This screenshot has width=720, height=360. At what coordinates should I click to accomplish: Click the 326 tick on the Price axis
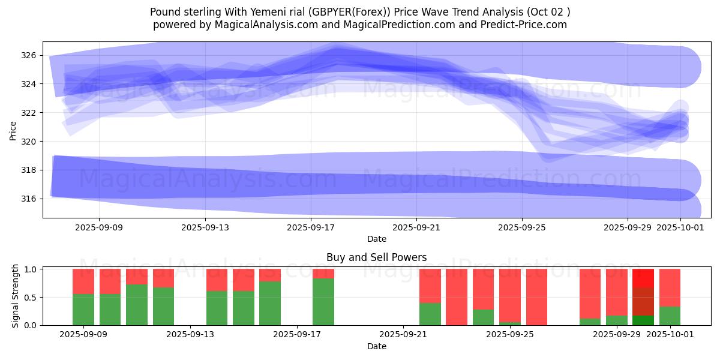coord(30,55)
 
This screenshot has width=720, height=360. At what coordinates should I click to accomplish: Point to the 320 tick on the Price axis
coord(30,142)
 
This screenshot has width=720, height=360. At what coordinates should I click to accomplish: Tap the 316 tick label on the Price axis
coord(30,199)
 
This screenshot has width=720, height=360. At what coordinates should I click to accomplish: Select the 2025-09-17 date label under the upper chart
coord(311,227)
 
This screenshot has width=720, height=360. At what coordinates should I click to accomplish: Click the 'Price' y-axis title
coord(13,130)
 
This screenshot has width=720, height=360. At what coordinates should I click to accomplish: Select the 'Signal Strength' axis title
coord(16,296)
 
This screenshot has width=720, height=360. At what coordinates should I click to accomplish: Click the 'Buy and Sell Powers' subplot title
coord(377,257)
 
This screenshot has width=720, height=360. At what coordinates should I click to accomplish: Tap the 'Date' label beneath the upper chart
coord(377,239)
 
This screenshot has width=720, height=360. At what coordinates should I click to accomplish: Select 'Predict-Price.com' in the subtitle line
coord(528,25)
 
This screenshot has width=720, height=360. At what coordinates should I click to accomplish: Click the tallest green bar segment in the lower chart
coord(323,302)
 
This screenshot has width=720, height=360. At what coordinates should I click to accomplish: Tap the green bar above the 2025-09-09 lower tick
coord(83,310)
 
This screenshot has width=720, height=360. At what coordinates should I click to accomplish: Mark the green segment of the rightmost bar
coord(670,316)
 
